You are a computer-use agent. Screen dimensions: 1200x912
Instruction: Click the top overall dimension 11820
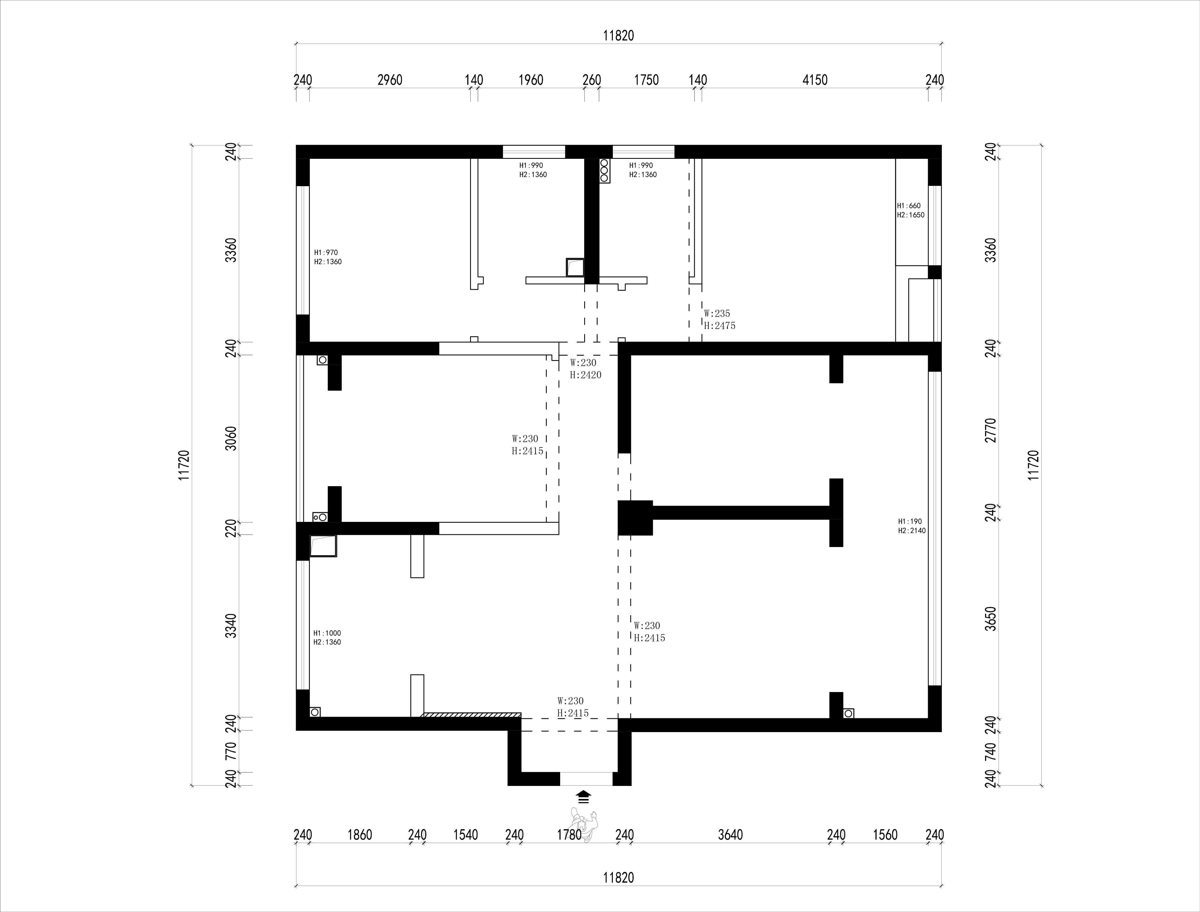(619, 36)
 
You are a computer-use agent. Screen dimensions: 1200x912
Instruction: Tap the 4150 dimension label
(815, 80)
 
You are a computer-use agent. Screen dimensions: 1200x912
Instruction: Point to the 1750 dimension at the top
(646, 80)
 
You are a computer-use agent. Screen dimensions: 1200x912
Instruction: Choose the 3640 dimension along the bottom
(730, 835)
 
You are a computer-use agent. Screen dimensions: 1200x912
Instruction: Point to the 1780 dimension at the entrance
(569, 835)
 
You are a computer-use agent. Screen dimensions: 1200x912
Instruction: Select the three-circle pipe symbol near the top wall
(604, 170)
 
